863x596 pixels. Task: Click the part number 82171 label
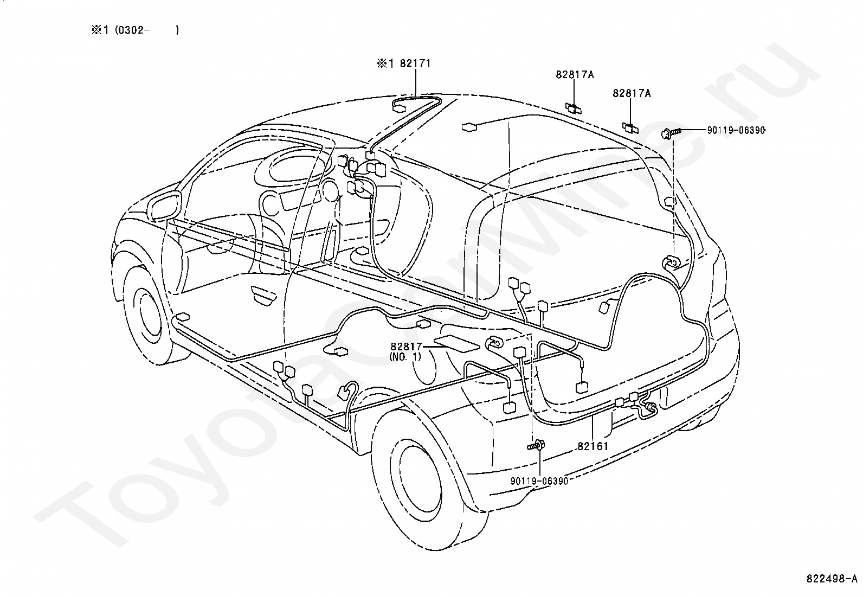[x=415, y=63]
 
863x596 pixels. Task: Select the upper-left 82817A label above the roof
[x=575, y=74]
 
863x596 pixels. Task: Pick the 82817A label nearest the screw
[x=632, y=93]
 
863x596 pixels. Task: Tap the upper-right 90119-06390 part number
[x=736, y=130]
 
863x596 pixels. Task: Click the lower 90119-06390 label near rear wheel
[x=539, y=481]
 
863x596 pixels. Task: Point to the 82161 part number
[x=593, y=446]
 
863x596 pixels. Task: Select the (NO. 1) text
[x=405, y=357]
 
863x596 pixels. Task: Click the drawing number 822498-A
[x=832, y=579]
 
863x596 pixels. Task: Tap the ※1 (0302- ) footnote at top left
[x=135, y=30]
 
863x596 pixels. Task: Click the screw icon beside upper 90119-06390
[x=671, y=133]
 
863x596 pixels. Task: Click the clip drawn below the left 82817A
[x=574, y=108]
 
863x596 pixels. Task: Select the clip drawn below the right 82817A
[x=630, y=128]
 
